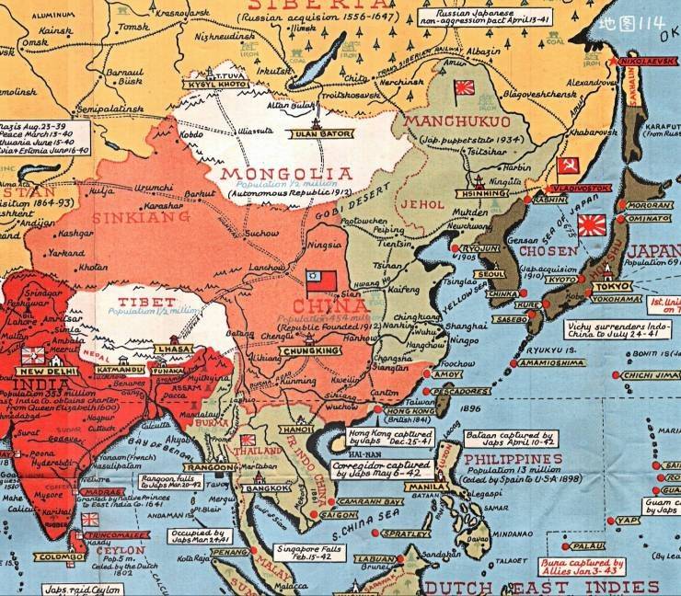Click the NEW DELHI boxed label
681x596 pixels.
pos(38,372)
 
